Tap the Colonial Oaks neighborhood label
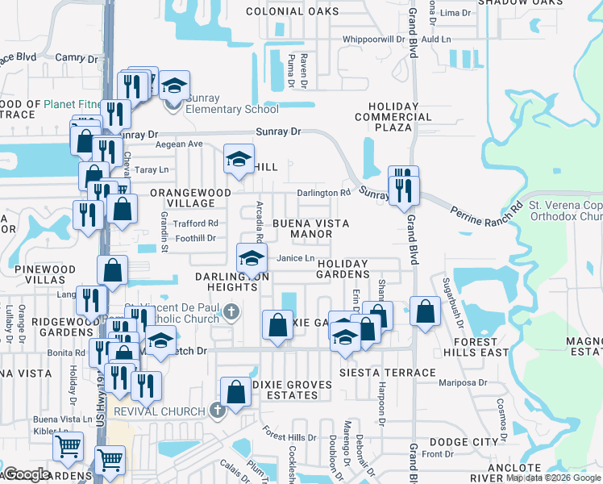tap(292, 11)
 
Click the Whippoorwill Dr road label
tap(373, 39)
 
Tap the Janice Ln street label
tap(295, 258)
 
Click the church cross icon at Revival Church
tap(216, 411)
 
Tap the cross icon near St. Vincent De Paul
tap(232, 311)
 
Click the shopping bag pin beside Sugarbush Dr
tap(425, 312)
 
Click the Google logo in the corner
tap(27, 474)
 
